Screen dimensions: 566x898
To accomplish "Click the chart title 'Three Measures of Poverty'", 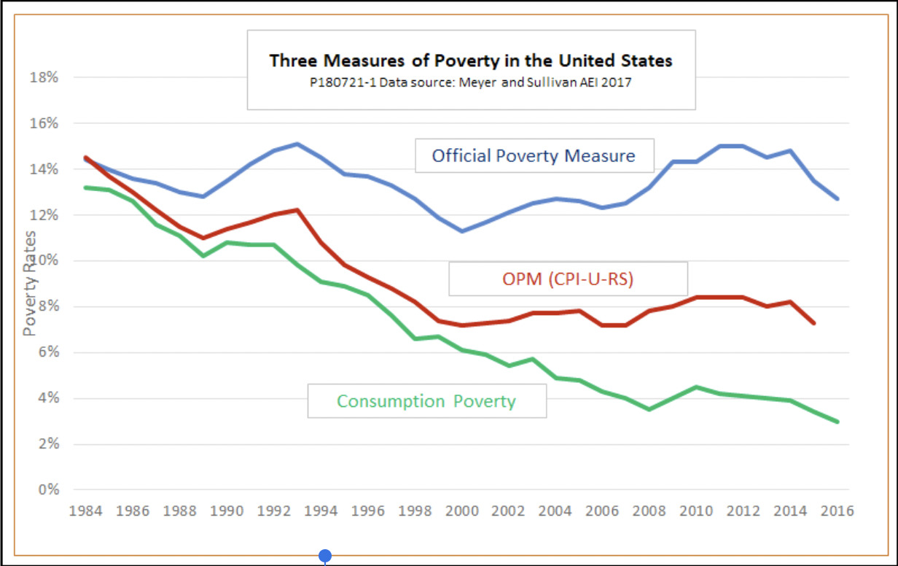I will click(x=471, y=61).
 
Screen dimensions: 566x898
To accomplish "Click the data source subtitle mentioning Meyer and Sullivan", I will click(x=471, y=82).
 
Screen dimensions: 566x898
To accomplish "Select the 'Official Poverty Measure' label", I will click(x=534, y=155).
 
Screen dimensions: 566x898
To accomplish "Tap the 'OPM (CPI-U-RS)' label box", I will click(x=568, y=279).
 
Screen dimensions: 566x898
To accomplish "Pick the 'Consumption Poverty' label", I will click(x=426, y=401).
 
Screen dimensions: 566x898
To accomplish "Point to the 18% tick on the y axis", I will click(x=44, y=77).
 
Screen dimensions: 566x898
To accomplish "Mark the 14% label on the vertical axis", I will click(x=44, y=169).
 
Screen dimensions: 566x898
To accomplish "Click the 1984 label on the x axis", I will click(x=86, y=510).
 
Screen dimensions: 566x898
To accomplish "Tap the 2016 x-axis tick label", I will click(x=838, y=510).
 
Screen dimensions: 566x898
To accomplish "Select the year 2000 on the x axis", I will click(x=462, y=510).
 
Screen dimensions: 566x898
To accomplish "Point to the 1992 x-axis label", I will click(x=274, y=510).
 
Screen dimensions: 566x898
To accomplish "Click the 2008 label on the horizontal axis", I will click(x=649, y=510).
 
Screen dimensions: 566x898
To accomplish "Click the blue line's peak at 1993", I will click(x=297, y=144).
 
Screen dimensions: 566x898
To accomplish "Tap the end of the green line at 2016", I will click(x=838, y=422).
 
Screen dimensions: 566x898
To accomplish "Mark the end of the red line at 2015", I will click(x=813, y=322).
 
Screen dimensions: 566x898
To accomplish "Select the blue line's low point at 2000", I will click(x=462, y=230).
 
